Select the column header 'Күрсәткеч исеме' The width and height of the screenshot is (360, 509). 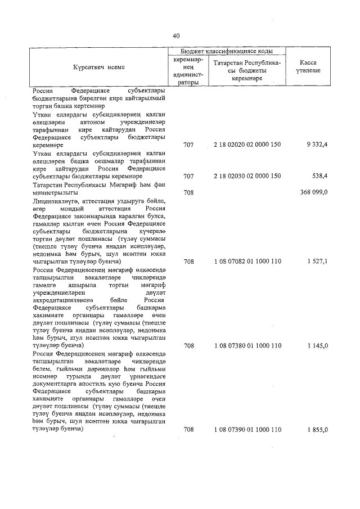(x=98, y=67)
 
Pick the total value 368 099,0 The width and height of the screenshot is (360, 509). (x=314, y=192)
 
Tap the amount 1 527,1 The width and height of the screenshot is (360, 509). (x=317, y=262)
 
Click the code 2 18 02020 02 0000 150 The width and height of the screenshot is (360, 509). (x=247, y=145)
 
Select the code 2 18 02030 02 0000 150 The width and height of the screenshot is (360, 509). (x=247, y=176)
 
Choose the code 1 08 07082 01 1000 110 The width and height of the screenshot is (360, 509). (x=247, y=262)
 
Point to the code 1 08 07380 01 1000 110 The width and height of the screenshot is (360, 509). (x=247, y=346)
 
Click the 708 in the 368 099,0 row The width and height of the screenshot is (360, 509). (x=188, y=192)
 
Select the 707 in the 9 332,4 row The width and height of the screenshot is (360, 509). (x=188, y=145)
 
